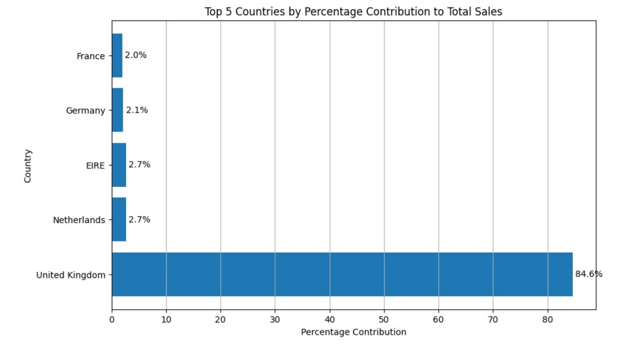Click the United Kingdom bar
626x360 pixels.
342,274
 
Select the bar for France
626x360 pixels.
117,55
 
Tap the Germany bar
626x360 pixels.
117,110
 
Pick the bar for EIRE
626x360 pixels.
119,165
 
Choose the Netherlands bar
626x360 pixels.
119,220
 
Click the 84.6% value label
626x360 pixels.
588,274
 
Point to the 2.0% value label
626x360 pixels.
135,55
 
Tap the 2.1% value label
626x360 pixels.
137,110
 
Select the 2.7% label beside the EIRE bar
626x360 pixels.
139,165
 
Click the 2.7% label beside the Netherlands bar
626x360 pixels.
139,220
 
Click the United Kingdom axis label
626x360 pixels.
70,275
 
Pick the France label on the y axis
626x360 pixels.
90,56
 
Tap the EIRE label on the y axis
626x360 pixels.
95,166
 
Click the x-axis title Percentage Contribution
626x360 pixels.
354,332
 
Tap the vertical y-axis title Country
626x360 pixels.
28,166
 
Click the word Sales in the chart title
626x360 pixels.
490,12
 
